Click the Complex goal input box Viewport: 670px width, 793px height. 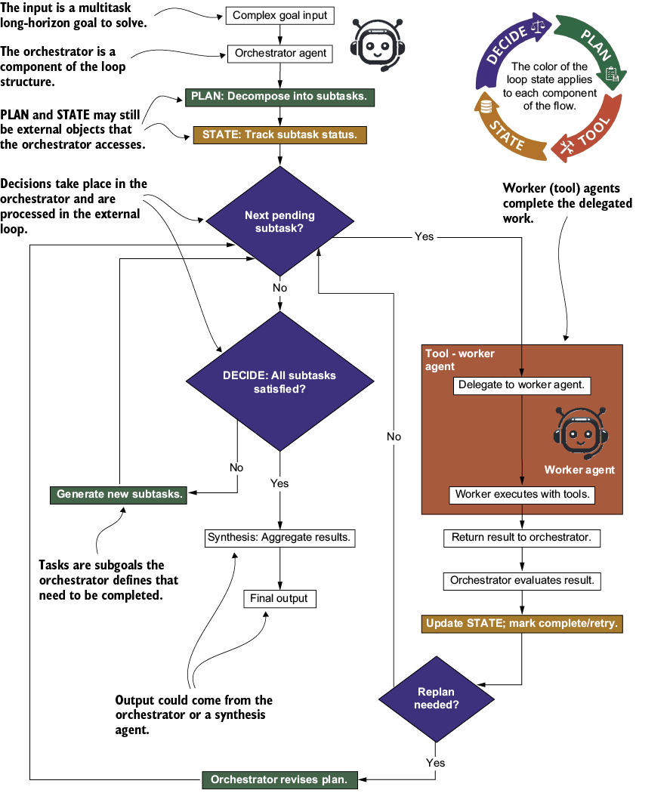(279, 16)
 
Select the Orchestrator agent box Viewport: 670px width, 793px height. (280, 54)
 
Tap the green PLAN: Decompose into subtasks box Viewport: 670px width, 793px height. (279, 97)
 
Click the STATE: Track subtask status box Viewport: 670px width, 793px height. (279, 135)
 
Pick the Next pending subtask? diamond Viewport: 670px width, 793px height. (279, 221)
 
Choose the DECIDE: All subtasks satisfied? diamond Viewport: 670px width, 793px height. (279, 381)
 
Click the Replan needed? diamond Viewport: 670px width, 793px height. (436, 699)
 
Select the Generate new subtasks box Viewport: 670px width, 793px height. (119, 495)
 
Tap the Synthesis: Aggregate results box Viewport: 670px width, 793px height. (279, 538)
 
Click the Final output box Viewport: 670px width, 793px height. (279, 599)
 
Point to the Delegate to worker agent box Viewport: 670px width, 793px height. (522, 385)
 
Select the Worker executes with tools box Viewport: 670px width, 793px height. (522, 495)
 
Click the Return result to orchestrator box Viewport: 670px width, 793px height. (522, 538)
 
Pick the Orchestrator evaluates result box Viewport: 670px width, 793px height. (522, 581)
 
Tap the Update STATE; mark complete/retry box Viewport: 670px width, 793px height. (522, 624)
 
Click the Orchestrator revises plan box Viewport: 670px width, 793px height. (279, 780)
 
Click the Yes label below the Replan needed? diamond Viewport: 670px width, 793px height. (435, 763)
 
